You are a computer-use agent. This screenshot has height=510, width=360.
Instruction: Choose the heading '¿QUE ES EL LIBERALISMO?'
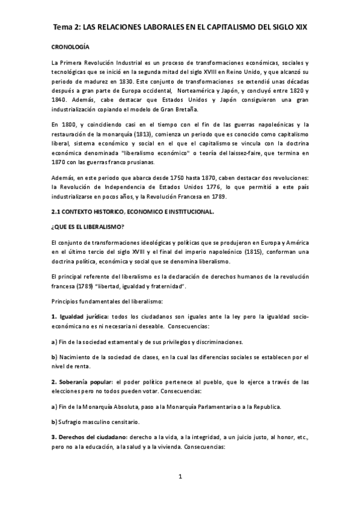click(x=87, y=227)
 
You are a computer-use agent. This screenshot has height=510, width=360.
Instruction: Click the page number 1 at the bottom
click(x=179, y=478)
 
